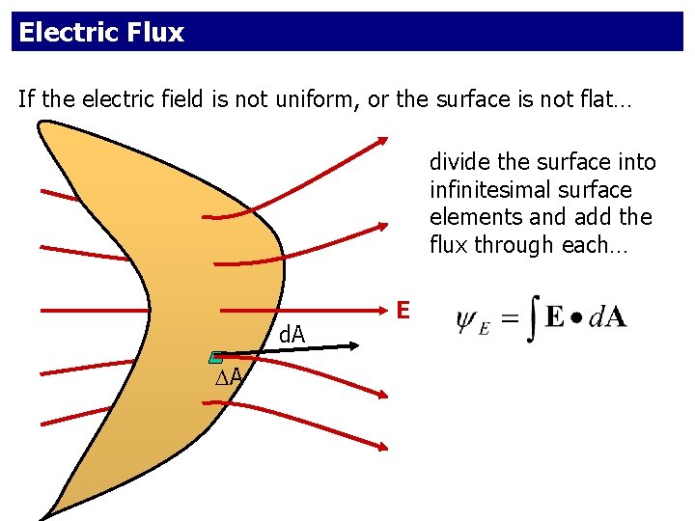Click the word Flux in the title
tap(155, 33)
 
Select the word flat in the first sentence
tap(607, 99)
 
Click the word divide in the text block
tap(459, 162)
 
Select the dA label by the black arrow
tap(292, 335)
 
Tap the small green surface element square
tap(217, 358)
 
